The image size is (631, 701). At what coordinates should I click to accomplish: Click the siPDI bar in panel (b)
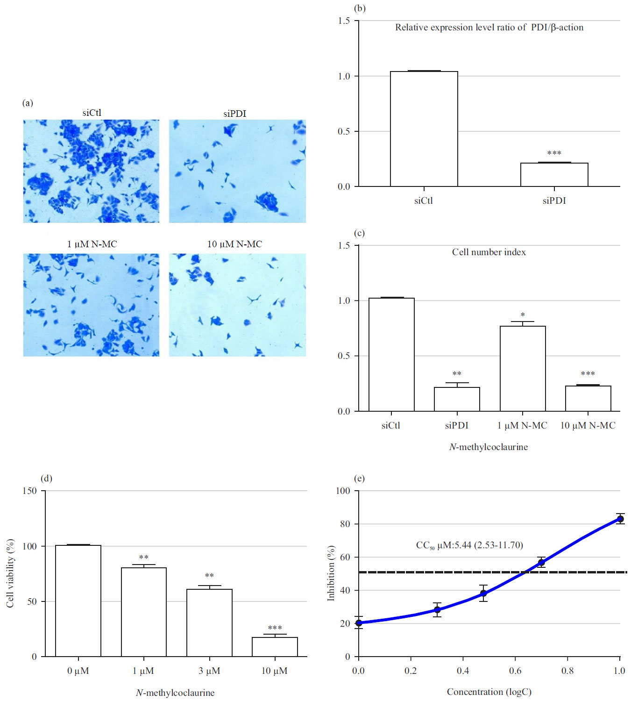554,175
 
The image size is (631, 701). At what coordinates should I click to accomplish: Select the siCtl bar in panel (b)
424,129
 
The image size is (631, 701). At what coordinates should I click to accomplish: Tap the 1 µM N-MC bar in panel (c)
522,369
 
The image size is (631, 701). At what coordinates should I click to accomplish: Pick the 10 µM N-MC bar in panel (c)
588,398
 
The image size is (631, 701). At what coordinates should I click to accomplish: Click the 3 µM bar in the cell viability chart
209,622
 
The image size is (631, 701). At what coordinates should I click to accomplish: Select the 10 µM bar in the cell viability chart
275,647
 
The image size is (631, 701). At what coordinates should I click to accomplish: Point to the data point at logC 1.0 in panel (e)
620,519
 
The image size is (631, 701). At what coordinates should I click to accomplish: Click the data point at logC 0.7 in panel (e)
541,562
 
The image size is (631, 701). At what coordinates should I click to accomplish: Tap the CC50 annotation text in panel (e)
469,545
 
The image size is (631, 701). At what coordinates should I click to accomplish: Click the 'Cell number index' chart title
489,252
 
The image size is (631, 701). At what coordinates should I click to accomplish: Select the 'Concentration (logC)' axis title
489,692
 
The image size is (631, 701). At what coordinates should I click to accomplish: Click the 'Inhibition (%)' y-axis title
331,573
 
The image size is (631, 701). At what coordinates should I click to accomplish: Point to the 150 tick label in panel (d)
29,491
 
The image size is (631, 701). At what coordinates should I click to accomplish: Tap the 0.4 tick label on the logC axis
463,671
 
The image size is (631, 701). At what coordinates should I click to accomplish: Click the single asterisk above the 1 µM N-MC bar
523,315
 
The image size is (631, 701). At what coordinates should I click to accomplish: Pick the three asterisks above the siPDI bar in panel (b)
554,153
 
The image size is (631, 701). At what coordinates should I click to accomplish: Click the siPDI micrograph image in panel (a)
237,171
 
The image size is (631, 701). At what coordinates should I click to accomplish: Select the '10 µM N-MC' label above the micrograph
234,244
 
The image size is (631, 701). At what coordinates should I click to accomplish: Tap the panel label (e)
359,478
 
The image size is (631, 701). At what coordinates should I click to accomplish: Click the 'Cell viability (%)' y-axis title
10,573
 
